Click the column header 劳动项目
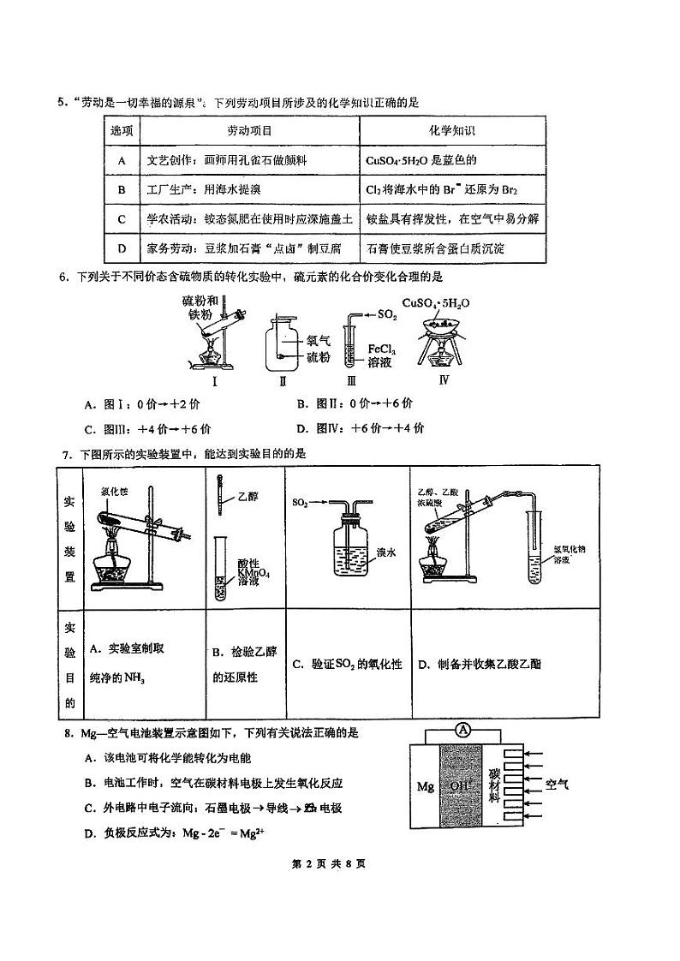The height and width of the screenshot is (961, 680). click(x=248, y=131)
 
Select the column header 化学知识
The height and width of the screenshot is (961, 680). click(x=451, y=131)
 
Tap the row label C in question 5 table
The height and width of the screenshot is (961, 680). click(x=122, y=219)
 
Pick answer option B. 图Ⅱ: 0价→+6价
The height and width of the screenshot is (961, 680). click(x=355, y=403)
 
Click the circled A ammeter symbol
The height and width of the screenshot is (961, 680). click(x=463, y=730)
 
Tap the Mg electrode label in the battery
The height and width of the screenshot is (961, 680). click(x=426, y=785)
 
